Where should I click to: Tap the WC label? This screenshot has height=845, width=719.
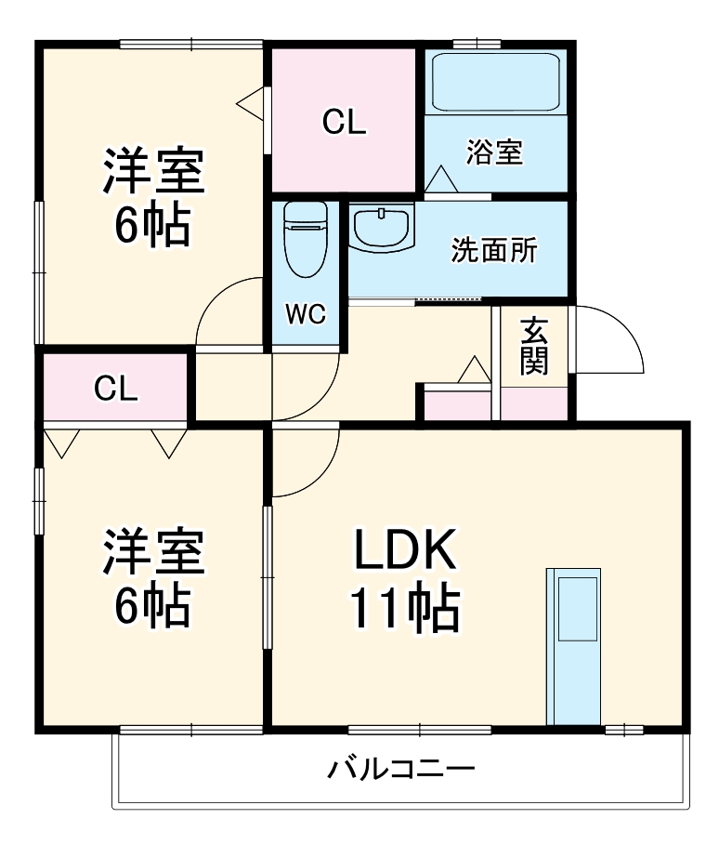(305, 315)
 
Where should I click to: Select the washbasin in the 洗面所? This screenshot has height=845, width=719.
(382, 228)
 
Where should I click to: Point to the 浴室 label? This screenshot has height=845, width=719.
(494, 152)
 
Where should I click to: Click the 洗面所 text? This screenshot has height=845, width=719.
(494, 250)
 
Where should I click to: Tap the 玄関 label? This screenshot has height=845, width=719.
(533, 346)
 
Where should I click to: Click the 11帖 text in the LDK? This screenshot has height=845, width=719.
(404, 610)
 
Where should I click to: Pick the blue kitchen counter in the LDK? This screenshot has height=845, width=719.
(574, 644)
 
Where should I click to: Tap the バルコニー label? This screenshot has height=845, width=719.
(401, 771)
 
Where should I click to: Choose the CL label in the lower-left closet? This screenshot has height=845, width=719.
(116, 388)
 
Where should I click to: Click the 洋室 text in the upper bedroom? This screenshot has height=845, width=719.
(152, 169)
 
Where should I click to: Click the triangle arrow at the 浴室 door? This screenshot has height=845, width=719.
(440, 179)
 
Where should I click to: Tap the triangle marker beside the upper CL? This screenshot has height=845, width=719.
(252, 101)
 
